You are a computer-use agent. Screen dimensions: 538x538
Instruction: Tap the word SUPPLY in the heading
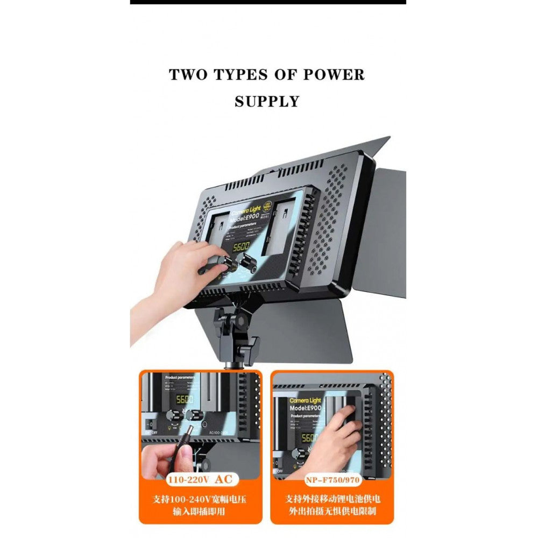[x=267, y=101]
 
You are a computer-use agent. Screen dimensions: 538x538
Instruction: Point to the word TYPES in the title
[x=243, y=74]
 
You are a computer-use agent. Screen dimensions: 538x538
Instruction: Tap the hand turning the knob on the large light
[x=180, y=269]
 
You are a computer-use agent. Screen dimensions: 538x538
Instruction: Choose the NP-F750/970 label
[x=332, y=478]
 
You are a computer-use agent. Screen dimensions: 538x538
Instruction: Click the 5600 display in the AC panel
[x=185, y=400]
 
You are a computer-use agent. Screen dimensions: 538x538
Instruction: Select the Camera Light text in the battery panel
[x=305, y=400]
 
